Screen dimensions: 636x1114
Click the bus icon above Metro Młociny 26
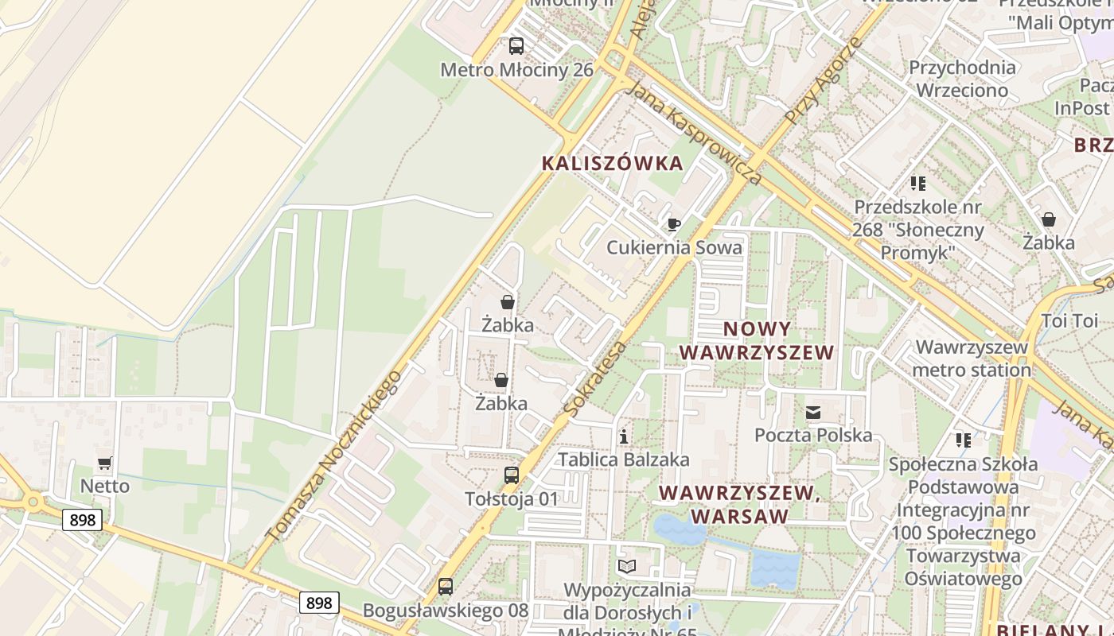tap(516, 46)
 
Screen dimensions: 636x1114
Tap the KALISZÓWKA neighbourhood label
tap(612, 164)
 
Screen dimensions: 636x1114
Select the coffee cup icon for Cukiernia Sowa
tap(673, 225)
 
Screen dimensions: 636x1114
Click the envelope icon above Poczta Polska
tap(812, 413)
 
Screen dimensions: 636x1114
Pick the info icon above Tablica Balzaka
tap(624, 436)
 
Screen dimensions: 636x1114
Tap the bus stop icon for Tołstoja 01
tap(512, 475)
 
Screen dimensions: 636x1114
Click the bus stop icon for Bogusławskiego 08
tap(446, 587)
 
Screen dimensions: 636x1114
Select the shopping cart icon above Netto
tap(104, 463)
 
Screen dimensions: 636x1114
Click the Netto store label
tap(104, 486)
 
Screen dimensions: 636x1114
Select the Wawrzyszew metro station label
tap(972, 359)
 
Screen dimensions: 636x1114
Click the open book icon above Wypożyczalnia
tap(627, 566)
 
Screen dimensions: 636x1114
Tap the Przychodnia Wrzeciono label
tap(962, 79)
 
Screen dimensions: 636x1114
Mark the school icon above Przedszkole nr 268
tap(918, 184)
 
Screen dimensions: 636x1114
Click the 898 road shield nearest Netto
tap(83, 521)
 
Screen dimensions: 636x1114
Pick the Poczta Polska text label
tap(813, 436)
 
